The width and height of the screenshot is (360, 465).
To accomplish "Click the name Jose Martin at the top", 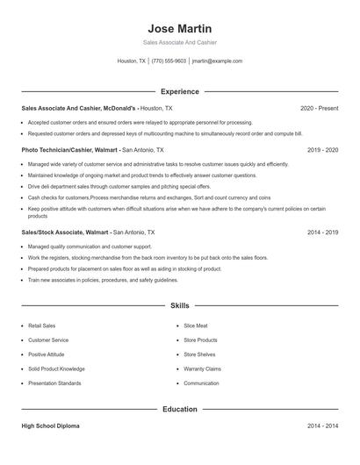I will point(180,28).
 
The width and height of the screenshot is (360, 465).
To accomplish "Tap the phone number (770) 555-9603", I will point(169,61).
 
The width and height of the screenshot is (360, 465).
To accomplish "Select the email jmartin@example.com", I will point(217,61).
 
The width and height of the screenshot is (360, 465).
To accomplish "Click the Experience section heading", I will point(180,91).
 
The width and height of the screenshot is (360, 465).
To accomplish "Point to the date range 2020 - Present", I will point(319,108).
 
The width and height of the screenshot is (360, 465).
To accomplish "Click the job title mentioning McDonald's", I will point(84,108).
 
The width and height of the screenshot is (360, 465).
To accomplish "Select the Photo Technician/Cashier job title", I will point(70,150).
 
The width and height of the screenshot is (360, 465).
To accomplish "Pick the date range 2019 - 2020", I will point(322,150).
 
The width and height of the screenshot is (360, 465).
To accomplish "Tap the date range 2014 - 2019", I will point(322,232).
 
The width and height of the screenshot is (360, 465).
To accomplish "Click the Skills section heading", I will point(180,305).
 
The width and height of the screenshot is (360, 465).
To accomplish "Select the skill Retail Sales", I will point(41,325).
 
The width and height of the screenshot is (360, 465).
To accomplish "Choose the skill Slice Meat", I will point(197,325).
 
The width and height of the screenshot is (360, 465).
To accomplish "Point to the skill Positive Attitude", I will point(47,354).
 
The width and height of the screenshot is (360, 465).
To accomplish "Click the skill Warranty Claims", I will point(202,369).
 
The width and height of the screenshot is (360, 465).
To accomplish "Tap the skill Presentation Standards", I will point(54,383).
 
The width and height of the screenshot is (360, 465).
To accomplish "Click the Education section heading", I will point(180,409).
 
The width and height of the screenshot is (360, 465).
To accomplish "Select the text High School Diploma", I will point(50,426).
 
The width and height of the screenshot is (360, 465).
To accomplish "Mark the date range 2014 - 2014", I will point(322,426).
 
